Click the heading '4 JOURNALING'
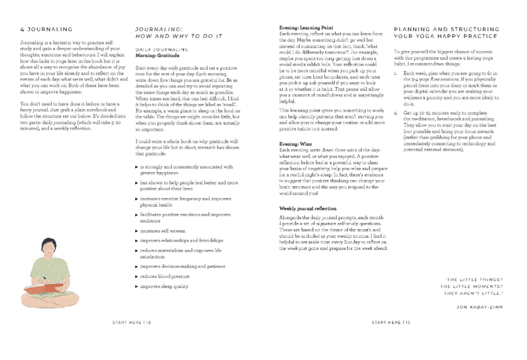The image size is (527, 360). (x=46, y=29)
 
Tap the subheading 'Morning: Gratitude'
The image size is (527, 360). (x=157, y=55)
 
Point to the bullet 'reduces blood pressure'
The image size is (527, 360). (x=165, y=276)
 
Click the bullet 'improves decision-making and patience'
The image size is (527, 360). (x=183, y=266)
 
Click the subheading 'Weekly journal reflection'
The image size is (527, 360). (x=307, y=209)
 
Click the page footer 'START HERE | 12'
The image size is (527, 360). (x=132, y=321)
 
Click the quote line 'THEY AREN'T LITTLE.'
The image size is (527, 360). (x=474, y=293)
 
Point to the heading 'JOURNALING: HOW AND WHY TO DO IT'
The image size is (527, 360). (x=178, y=33)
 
